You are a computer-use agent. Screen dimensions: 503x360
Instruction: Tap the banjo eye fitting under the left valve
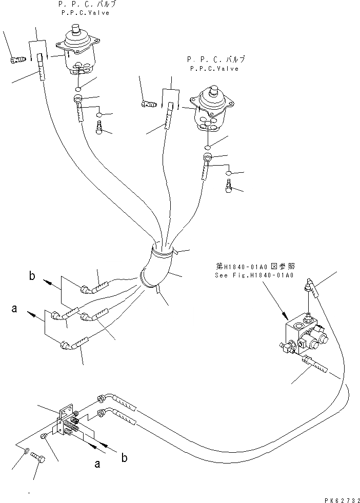(78, 99)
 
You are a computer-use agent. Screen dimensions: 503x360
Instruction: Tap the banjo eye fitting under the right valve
(207, 157)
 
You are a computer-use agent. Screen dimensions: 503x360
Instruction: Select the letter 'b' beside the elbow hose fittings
(32, 277)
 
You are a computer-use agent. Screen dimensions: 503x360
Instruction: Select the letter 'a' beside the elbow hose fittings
(14, 309)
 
